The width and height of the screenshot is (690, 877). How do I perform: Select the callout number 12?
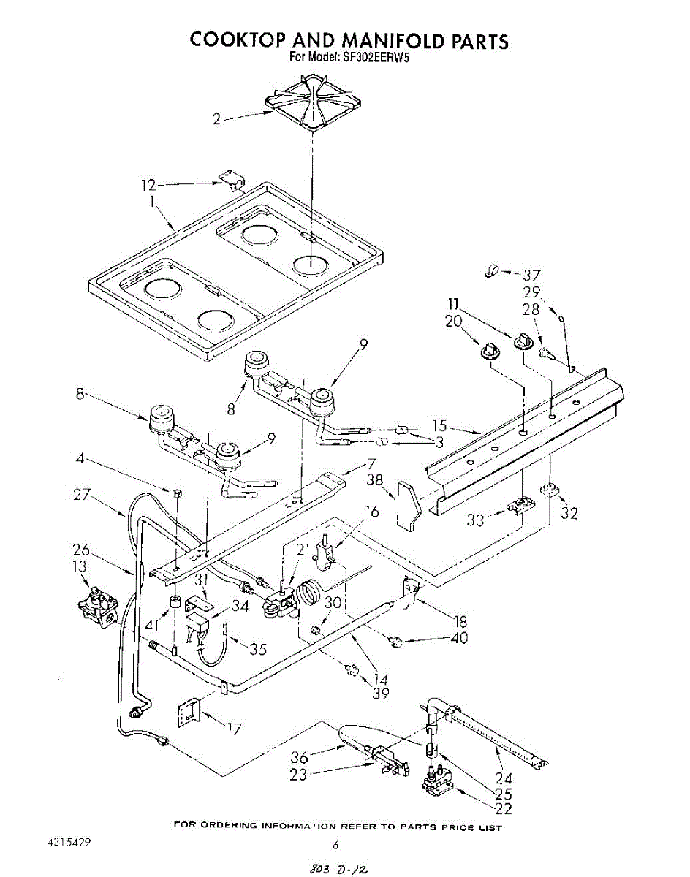pyautogui.click(x=148, y=185)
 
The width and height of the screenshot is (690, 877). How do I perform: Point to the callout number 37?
pyautogui.click(x=531, y=276)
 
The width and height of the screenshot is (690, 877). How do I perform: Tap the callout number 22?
pyautogui.click(x=503, y=808)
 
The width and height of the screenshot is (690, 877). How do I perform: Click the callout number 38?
pyautogui.click(x=375, y=480)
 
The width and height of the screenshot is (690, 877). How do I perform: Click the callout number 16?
pyautogui.click(x=372, y=512)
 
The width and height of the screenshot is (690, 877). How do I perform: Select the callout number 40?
pyautogui.click(x=459, y=637)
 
